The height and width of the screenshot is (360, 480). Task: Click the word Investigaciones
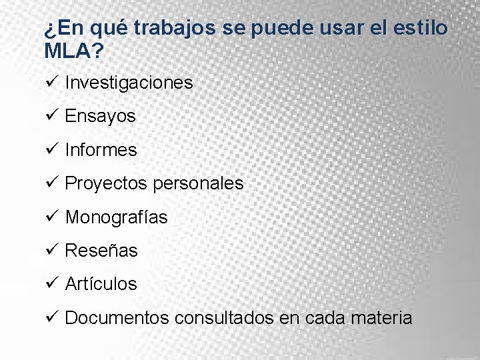[129, 83]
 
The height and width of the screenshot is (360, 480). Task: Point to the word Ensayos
[100, 117]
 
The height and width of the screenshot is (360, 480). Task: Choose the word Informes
[101, 150]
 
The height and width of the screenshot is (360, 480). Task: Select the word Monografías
[116, 217]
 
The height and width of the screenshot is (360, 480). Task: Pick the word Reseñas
[101, 251]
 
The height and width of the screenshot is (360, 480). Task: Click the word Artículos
[101, 284]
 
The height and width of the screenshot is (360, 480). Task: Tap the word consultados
[223, 318]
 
